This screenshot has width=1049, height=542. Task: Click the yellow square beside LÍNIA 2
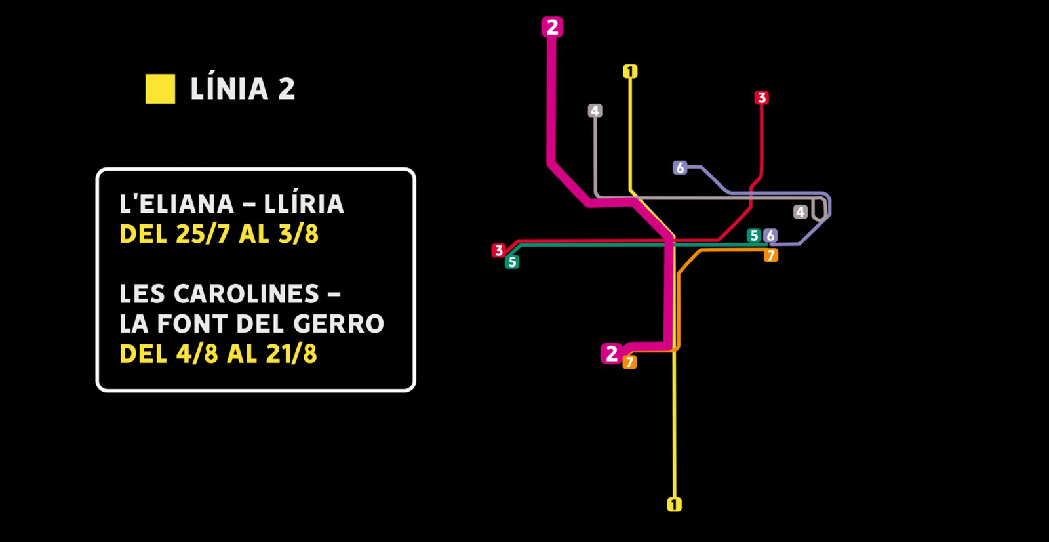point(160,89)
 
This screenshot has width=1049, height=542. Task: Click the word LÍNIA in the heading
point(229,89)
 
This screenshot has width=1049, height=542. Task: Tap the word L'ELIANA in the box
point(176,204)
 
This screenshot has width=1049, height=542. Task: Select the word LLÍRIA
point(304,204)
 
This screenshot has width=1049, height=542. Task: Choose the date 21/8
point(291,354)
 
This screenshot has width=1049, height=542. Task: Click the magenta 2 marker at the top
point(552,27)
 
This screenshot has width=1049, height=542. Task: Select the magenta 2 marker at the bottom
point(611,353)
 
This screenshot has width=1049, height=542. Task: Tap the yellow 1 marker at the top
point(630,71)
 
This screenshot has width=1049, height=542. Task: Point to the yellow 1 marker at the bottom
point(674,504)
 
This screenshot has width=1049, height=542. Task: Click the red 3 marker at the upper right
point(761,98)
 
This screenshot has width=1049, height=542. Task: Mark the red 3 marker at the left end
point(499,250)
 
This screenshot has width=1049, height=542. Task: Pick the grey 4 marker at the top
point(595,111)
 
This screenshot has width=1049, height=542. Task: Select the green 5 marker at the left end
point(512,262)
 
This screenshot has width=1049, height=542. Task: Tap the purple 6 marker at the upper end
point(680,167)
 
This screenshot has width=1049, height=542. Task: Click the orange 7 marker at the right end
point(771,255)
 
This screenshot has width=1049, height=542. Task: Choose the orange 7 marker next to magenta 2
point(629,362)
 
